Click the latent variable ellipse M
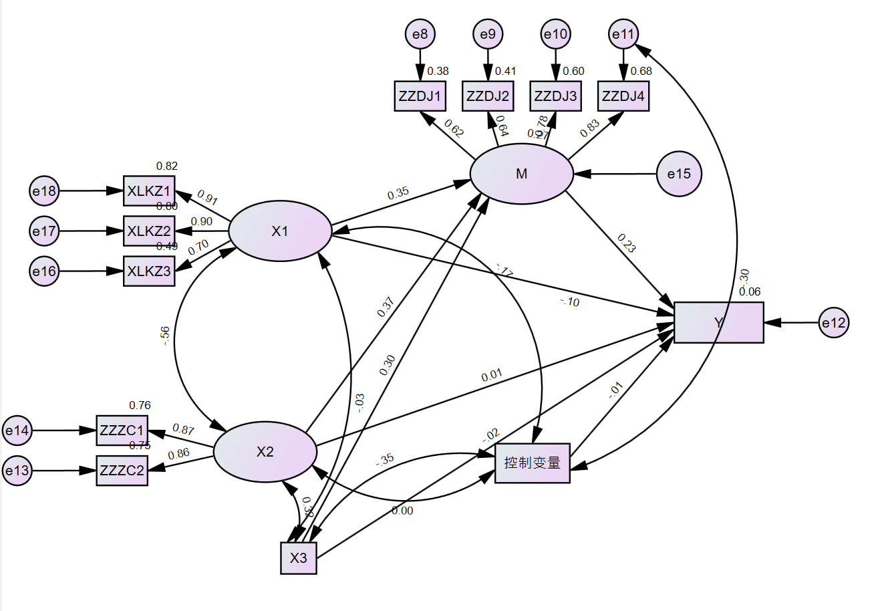[521, 174]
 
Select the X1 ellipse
[280, 231]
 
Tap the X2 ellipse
[265, 452]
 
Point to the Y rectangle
[718, 323]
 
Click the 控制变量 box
[532, 463]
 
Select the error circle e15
[679, 174]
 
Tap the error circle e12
[833, 323]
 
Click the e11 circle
[623, 33]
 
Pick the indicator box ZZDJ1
[420, 96]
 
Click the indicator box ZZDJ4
[623, 96]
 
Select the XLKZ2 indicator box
[149, 231]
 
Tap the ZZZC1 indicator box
[122, 431]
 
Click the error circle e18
[44, 191]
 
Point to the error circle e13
[17, 471]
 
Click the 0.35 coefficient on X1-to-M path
[398, 193]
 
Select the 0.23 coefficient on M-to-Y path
[626, 243]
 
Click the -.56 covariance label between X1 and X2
[165, 335]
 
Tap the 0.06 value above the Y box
[750, 291]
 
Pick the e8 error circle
[420, 33]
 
